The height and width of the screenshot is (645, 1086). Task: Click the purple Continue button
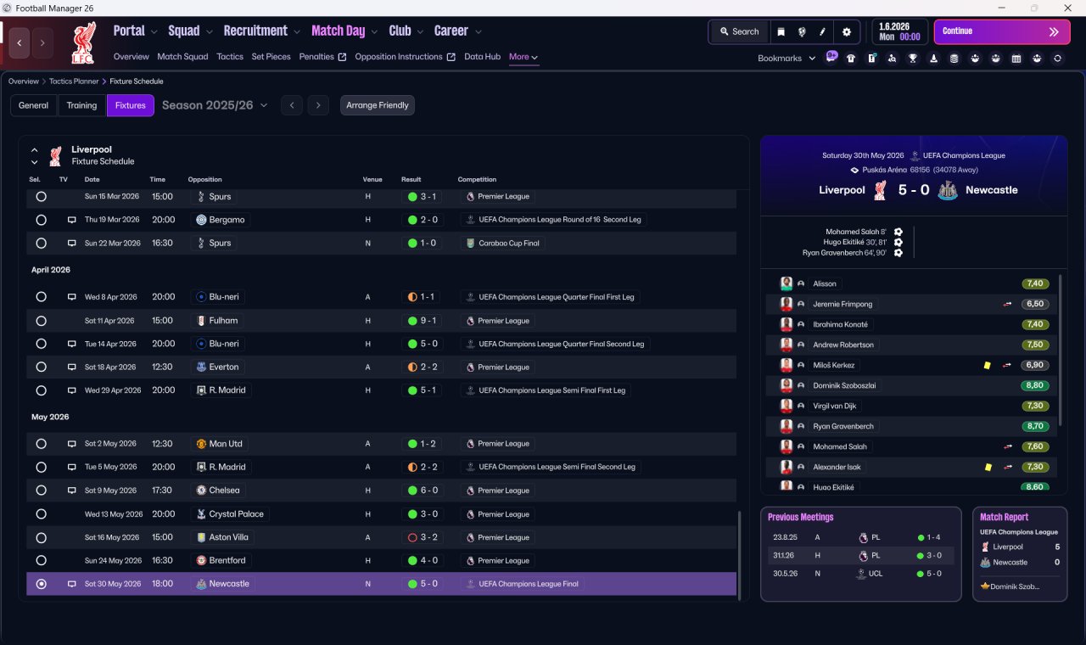click(1002, 31)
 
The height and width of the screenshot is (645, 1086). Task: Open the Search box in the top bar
click(739, 31)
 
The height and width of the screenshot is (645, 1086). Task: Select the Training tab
click(81, 105)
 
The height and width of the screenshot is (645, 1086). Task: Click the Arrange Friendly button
click(378, 105)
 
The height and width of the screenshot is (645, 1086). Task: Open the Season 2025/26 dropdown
click(215, 105)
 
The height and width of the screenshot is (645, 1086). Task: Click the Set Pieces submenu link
click(271, 57)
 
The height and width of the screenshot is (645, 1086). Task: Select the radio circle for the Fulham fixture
click(42, 321)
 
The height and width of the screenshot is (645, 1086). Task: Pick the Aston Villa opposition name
click(228, 537)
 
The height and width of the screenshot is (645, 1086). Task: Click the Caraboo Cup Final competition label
click(508, 243)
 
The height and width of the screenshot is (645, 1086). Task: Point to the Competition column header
click(477, 179)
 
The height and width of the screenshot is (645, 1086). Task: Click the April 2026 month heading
click(51, 270)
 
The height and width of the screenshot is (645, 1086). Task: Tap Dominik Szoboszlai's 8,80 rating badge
click(1034, 385)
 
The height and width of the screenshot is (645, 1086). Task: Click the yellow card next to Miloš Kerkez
click(987, 365)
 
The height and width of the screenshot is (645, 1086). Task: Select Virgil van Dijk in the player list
click(834, 406)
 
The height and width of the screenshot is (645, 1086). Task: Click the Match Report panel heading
click(1004, 517)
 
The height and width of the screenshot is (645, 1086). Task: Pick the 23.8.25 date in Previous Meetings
click(785, 537)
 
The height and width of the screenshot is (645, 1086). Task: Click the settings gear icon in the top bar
click(847, 32)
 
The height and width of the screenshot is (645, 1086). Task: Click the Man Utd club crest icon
click(201, 444)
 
